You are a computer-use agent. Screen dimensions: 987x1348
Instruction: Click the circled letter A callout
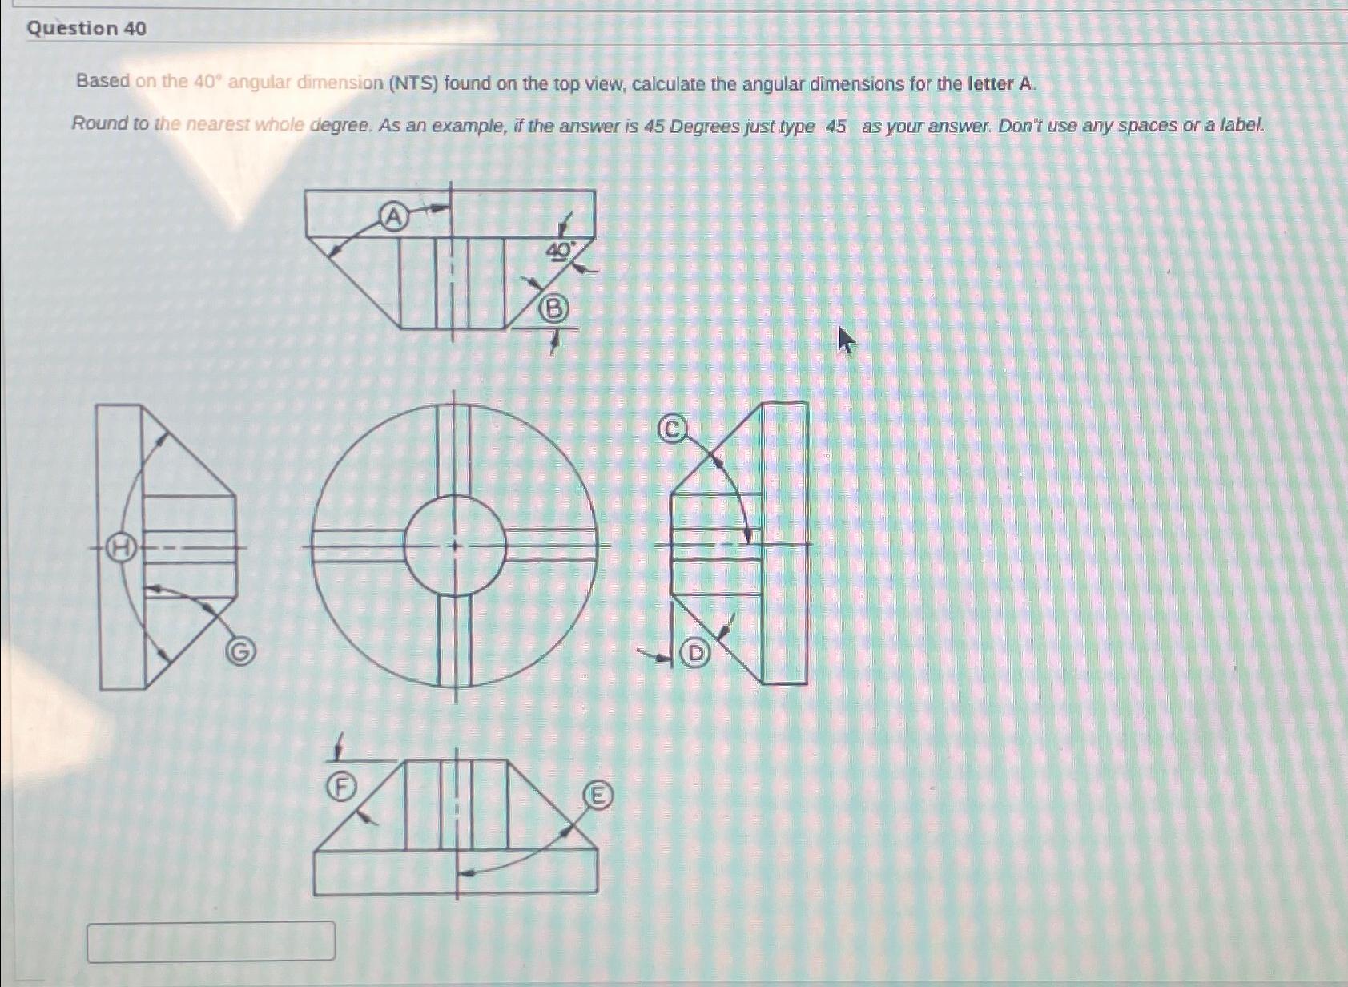pos(392,216)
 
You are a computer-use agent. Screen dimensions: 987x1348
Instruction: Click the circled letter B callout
pos(553,308)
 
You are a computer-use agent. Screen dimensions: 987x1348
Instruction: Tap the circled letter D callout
pos(695,654)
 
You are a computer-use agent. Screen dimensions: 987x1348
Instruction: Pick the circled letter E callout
pos(597,796)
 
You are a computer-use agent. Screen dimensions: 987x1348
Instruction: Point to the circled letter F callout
pos(341,788)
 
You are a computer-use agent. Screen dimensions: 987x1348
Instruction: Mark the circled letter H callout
pos(121,548)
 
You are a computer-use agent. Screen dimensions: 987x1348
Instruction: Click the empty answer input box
pos(211,941)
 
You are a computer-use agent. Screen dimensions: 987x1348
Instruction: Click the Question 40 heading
pos(87,29)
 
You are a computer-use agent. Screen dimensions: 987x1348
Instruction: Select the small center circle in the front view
pos(455,546)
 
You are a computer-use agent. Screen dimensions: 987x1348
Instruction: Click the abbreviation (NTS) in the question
pos(413,83)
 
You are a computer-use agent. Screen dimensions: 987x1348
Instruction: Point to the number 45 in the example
pos(835,127)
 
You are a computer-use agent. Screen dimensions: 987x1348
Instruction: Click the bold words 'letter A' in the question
pos(1001,83)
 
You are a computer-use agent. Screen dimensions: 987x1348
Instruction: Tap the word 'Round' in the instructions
pos(99,123)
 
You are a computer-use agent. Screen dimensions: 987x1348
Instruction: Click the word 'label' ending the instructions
pos(1241,125)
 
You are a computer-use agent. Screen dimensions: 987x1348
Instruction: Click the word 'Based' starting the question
pos(103,81)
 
